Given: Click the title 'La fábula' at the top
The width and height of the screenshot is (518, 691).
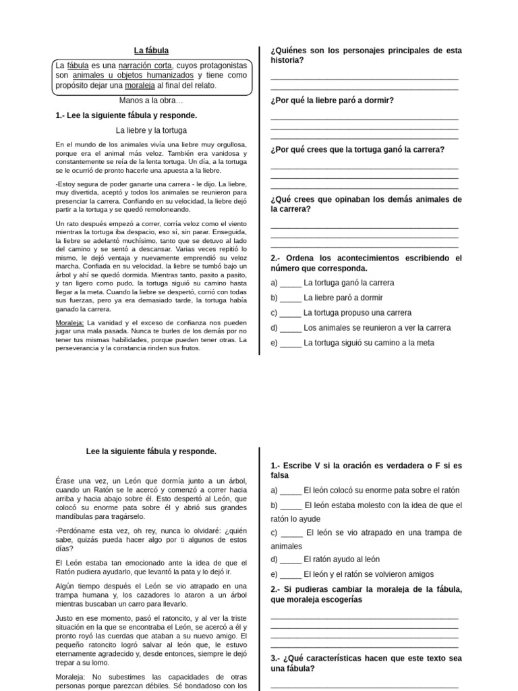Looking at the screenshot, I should [151, 51].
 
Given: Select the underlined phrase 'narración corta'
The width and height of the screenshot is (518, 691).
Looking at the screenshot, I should [146, 65].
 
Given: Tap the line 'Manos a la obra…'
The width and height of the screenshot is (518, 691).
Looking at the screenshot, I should [151, 101].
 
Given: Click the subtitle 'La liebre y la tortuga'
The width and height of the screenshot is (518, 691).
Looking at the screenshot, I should [151, 130].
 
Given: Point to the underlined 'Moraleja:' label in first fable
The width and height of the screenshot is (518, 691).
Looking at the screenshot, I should [69, 323].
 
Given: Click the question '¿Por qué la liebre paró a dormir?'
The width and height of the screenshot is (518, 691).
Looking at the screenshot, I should [332, 101].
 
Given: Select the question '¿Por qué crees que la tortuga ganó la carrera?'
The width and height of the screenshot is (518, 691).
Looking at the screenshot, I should [357, 150].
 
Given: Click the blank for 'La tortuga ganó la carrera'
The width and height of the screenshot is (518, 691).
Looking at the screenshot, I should [291, 283].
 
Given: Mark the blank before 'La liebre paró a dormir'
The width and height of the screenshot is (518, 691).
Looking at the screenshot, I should [291, 298].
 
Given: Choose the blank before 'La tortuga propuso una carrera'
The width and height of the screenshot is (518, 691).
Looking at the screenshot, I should [291, 313].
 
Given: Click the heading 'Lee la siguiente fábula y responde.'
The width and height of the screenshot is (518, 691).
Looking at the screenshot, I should [151, 451].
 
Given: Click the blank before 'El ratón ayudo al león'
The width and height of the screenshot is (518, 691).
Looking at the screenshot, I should [291, 559].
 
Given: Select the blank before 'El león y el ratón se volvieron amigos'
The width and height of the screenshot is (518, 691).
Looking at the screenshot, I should [291, 575].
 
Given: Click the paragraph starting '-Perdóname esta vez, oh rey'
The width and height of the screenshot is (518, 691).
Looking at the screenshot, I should [151, 539].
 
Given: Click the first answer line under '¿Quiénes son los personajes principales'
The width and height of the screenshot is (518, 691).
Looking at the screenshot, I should [364, 78].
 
